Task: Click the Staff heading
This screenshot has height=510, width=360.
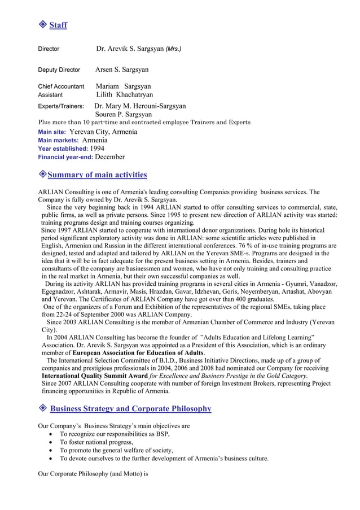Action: pyautogui.click(x=58, y=25)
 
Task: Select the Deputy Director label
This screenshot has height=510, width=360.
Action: pyautogui.click(x=59, y=70)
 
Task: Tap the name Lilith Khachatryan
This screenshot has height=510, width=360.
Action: pyautogui.click(x=124, y=95)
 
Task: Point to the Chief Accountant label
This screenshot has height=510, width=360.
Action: pyautogui.click(x=60, y=86)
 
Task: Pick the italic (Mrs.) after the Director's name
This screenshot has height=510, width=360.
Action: pyautogui.click(x=173, y=49)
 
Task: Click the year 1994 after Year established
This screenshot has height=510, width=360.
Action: pyautogui.click(x=97, y=148)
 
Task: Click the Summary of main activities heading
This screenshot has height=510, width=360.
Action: pyautogui.click(x=97, y=175)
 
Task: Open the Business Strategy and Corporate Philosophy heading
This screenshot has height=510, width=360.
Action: pyautogui.click(x=130, y=408)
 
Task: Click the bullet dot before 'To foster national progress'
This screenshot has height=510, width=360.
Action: pyautogui.click(x=51, y=442)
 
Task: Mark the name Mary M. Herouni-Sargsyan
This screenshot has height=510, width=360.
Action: pyautogui.click(x=141, y=106)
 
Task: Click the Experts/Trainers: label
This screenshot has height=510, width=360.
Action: pyautogui.click(x=60, y=106)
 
